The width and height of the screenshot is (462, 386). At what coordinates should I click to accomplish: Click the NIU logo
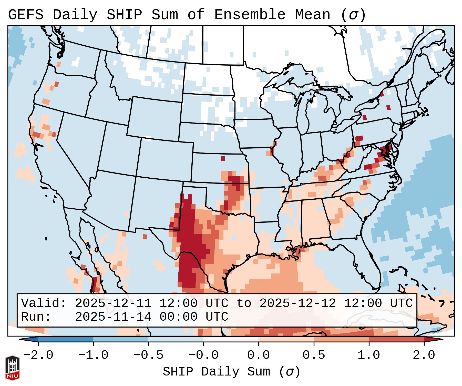point(12,368)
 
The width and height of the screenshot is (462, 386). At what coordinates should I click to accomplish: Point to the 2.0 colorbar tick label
point(424,355)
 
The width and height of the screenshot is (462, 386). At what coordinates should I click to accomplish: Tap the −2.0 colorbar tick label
point(38,355)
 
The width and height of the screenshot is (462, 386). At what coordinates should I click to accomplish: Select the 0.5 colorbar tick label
point(314,355)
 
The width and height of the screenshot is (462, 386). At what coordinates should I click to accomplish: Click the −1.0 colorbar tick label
point(93,355)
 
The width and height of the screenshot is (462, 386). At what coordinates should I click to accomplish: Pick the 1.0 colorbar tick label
point(369,355)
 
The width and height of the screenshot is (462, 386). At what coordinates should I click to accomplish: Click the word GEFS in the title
point(26,15)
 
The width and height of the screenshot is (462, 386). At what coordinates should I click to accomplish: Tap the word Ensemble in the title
point(250,15)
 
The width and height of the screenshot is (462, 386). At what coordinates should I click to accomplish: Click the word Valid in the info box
point(41,303)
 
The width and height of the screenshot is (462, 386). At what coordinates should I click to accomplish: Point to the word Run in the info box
point(33,317)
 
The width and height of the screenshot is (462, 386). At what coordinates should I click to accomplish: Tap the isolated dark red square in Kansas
point(223,159)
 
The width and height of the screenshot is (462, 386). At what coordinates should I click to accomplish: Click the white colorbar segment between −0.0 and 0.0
point(231,339)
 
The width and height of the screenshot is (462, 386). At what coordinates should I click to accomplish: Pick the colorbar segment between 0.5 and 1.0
point(341,339)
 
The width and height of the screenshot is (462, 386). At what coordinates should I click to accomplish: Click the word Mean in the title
point(313,15)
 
